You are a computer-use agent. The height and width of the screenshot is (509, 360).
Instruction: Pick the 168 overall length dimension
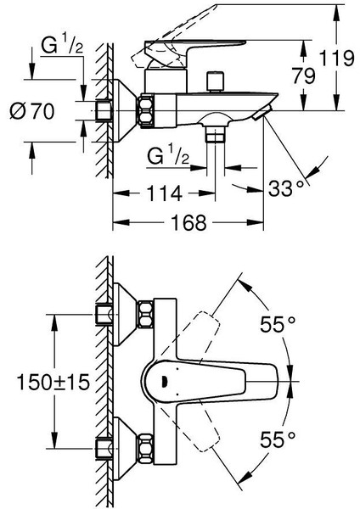coord(184,222)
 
